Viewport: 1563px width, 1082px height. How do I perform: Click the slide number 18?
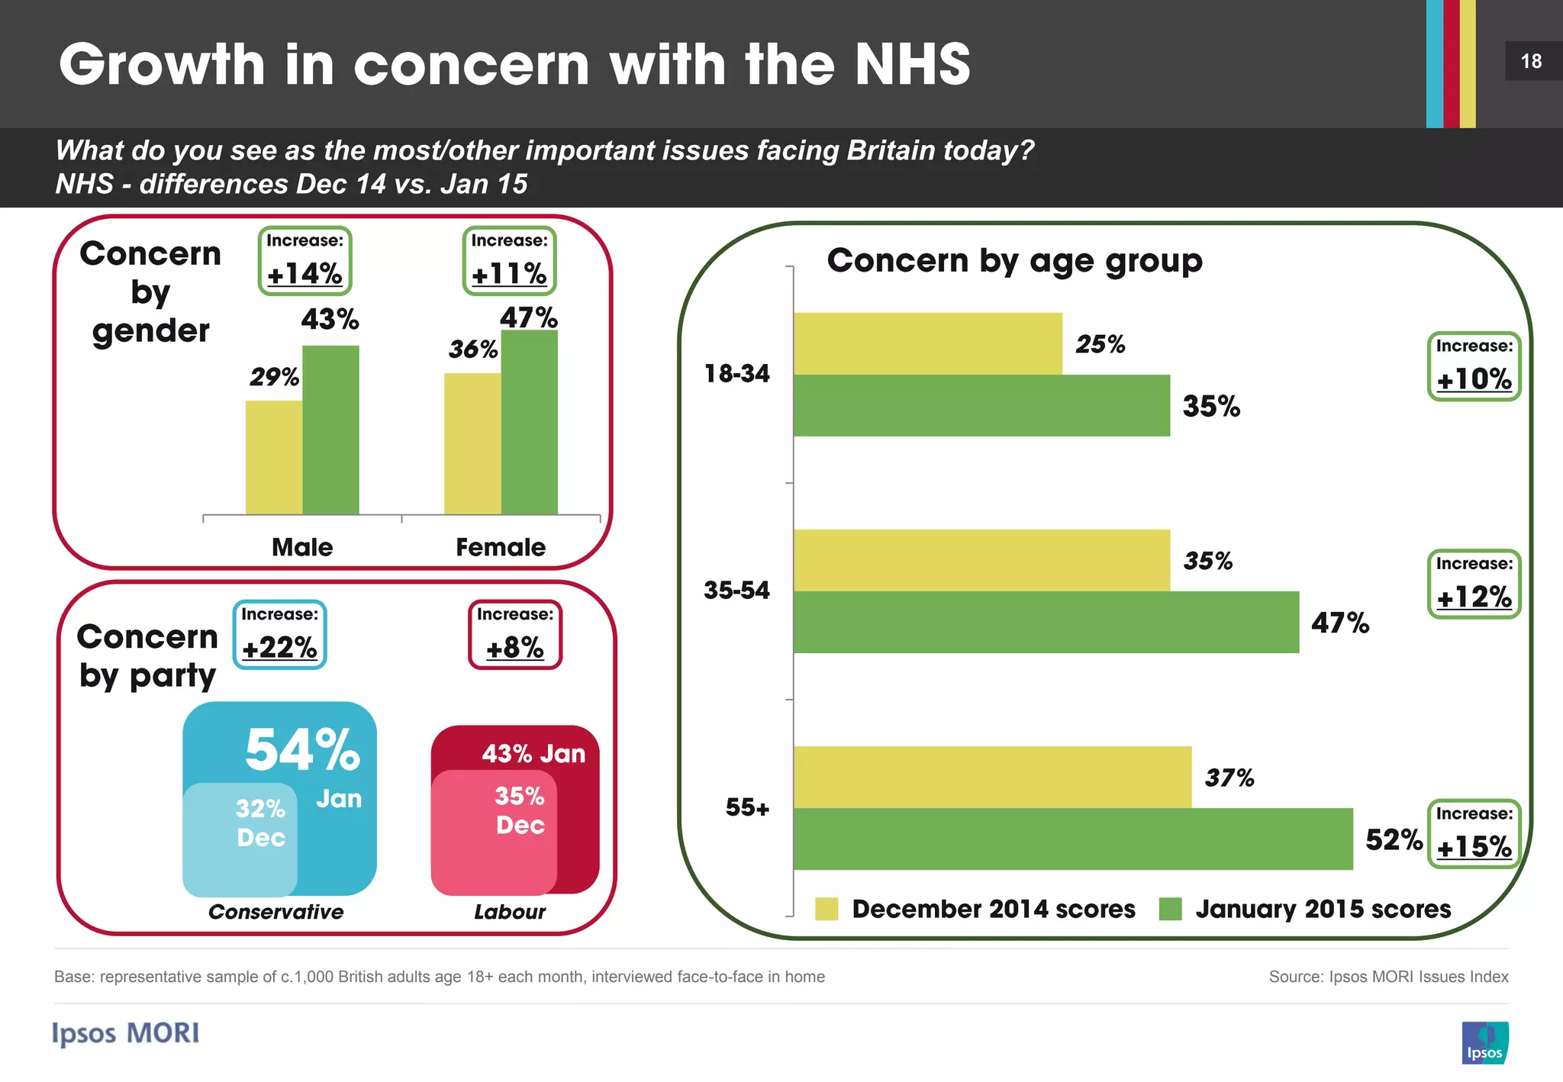tap(1531, 61)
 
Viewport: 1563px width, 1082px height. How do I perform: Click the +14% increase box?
tap(305, 261)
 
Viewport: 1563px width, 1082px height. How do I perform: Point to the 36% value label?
tap(472, 349)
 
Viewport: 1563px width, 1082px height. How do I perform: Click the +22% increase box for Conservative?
tap(279, 635)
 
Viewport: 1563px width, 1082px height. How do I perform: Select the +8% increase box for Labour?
tap(514, 635)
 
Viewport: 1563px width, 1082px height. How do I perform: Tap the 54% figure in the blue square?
tap(302, 749)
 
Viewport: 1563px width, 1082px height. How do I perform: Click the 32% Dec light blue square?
tap(240, 839)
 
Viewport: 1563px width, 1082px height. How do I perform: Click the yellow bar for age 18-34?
tap(927, 343)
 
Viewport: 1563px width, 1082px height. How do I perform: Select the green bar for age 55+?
tap(1072, 839)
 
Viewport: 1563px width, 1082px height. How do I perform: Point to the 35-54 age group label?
tap(736, 590)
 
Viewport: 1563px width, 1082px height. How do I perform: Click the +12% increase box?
tap(1474, 584)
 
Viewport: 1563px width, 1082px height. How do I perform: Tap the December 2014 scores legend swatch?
tap(827, 909)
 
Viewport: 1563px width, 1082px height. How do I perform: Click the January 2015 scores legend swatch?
tap(1170, 909)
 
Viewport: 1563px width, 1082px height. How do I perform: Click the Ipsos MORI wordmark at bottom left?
tap(126, 1033)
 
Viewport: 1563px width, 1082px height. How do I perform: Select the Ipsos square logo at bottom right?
tap(1484, 1042)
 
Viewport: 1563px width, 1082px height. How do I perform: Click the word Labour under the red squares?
tap(510, 912)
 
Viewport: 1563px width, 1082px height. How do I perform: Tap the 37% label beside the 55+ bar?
tap(1229, 778)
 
